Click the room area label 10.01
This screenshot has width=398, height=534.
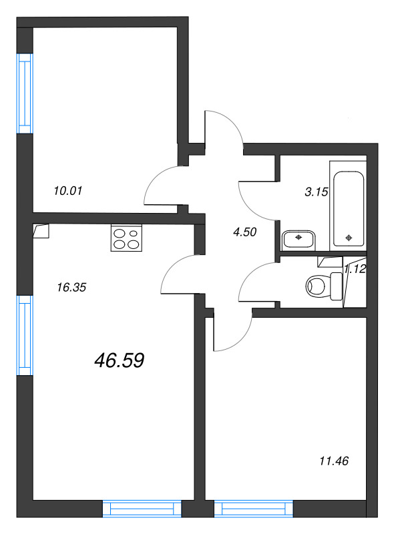[67, 190]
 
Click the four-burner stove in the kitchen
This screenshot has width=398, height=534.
[127, 239]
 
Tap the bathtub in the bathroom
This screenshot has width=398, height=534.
[349, 207]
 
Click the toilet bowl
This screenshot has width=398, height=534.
[319, 286]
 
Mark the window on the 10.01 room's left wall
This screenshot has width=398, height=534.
[25, 93]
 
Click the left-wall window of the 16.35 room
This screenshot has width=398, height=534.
[25, 334]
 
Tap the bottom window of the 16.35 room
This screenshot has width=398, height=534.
[142, 510]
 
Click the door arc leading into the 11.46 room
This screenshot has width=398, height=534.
[234, 334]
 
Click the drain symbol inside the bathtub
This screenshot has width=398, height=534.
[349, 237]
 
